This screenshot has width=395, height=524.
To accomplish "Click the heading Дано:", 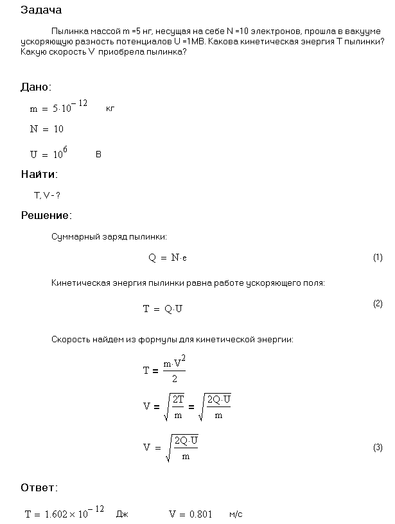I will coord(36,87).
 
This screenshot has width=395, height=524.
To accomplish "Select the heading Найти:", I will coord(39,174).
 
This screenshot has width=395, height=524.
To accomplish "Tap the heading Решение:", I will coord(46,215).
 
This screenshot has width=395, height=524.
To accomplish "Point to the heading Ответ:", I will coord(39,487).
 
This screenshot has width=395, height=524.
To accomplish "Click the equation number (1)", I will coord(378,258).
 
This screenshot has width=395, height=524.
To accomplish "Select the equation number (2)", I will coord(378,304).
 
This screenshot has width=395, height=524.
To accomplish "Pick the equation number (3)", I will coord(378,448).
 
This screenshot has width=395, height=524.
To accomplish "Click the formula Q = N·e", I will coord(168,258).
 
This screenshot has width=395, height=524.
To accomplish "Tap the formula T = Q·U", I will coord(163,309).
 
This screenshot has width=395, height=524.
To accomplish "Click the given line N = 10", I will coord(47,129).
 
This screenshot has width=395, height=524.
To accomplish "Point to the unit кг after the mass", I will coord(110,109).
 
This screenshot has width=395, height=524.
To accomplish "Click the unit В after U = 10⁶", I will coord(98,155).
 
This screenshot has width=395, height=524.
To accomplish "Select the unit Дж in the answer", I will coord(122,514).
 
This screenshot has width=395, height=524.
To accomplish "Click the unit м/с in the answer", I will coord(236,514).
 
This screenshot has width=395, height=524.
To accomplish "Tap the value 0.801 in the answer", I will coord(200,514).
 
